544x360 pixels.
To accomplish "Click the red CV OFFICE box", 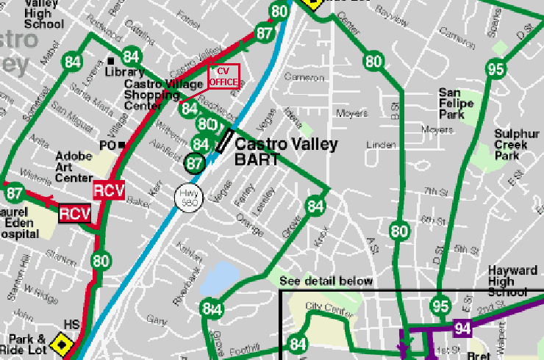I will pyautogui.click(x=223, y=76).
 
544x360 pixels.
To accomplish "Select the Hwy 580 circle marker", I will pyautogui.click(x=187, y=197).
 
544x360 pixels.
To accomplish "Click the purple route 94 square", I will pyautogui.click(x=462, y=328).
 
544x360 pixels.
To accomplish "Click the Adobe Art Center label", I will pyautogui.click(x=73, y=167).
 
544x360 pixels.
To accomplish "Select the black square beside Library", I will pyautogui.click(x=110, y=60).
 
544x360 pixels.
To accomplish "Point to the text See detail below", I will pyautogui.click(x=326, y=281).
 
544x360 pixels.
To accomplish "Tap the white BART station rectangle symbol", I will pyautogui.click(x=223, y=140).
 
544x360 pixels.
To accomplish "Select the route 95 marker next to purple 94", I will pyautogui.click(x=440, y=306).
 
